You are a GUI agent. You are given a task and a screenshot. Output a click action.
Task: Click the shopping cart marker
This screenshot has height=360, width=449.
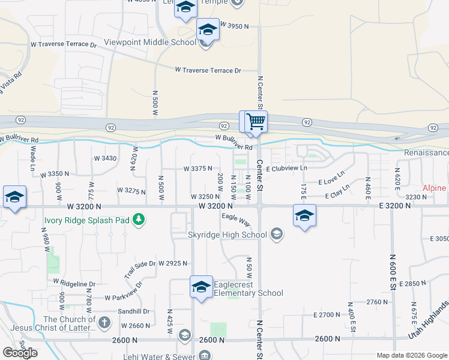(253, 121)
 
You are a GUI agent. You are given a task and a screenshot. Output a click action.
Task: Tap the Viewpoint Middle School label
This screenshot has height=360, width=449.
(149, 42)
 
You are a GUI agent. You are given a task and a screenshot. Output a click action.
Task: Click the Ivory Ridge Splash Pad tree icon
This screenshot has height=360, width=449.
(139, 220)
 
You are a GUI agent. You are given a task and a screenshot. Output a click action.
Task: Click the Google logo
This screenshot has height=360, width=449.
(20, 352)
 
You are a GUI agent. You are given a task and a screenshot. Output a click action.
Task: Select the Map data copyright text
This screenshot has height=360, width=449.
(411, 355)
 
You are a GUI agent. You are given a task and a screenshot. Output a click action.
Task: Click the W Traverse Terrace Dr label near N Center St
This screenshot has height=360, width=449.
(208, 70)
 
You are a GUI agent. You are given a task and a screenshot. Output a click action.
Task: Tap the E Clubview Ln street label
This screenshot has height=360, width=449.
(286, 169)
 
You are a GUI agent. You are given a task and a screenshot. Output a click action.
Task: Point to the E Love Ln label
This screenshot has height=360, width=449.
(331, 178)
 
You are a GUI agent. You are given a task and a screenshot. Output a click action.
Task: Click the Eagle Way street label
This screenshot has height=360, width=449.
(236, 220)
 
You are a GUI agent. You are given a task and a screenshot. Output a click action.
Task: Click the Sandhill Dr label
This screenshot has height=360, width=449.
(133, 311)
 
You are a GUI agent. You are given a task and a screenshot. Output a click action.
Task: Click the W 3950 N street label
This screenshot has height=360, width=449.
(234, 26)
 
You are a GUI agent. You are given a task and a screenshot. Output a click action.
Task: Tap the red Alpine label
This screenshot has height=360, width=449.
(434, 188)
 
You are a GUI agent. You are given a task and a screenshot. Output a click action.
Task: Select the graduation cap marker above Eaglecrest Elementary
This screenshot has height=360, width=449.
(201, 286)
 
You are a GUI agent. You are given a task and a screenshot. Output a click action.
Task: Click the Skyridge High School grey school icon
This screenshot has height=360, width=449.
(277, 235)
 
